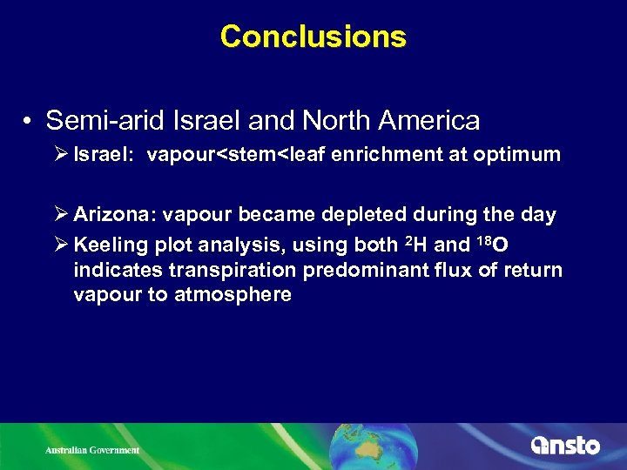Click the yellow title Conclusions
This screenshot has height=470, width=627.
313,37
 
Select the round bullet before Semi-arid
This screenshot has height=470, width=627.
29,120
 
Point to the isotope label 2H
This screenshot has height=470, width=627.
413,245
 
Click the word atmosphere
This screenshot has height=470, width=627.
233,295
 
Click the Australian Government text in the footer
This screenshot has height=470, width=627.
92,450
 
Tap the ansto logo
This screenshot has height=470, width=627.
565,446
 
